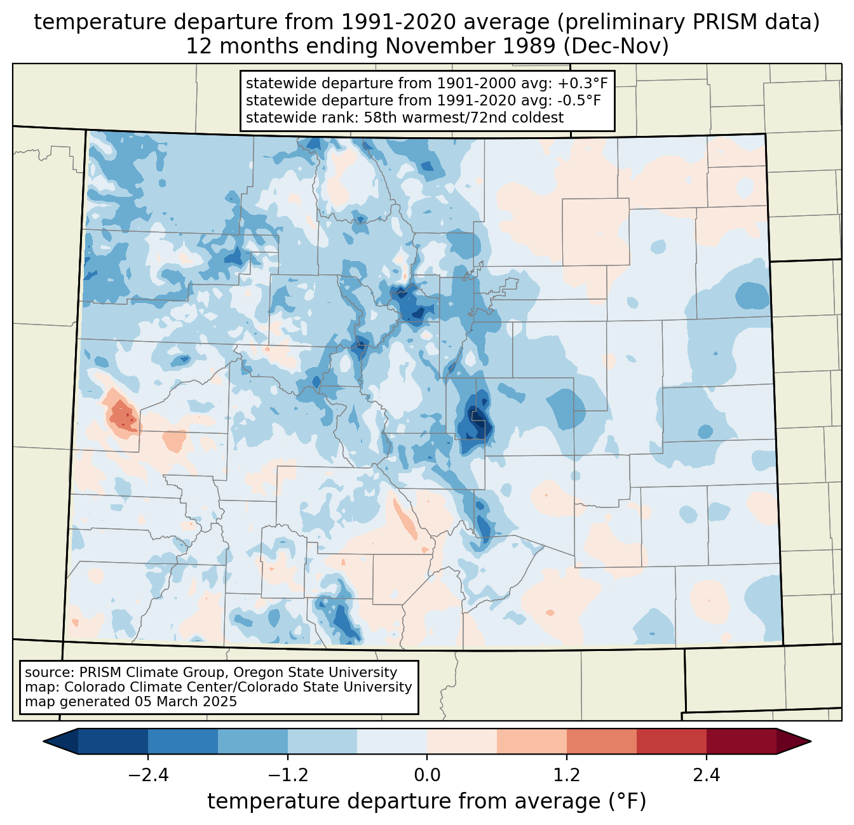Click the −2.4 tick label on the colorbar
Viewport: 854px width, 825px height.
point(148,775)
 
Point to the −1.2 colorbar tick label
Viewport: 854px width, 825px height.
point(288,775)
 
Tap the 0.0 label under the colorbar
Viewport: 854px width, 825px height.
point(427,775)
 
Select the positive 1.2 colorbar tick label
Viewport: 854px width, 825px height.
point(567,775)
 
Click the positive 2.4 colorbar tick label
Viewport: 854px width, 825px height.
point(707,775)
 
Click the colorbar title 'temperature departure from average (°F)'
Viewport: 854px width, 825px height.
point(427,801)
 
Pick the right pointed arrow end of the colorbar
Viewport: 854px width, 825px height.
point(794,741)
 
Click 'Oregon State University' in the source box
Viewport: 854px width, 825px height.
point(315,673)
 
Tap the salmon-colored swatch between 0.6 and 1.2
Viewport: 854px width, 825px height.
point(531,741)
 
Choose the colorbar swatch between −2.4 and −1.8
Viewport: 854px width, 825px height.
point(182,741)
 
